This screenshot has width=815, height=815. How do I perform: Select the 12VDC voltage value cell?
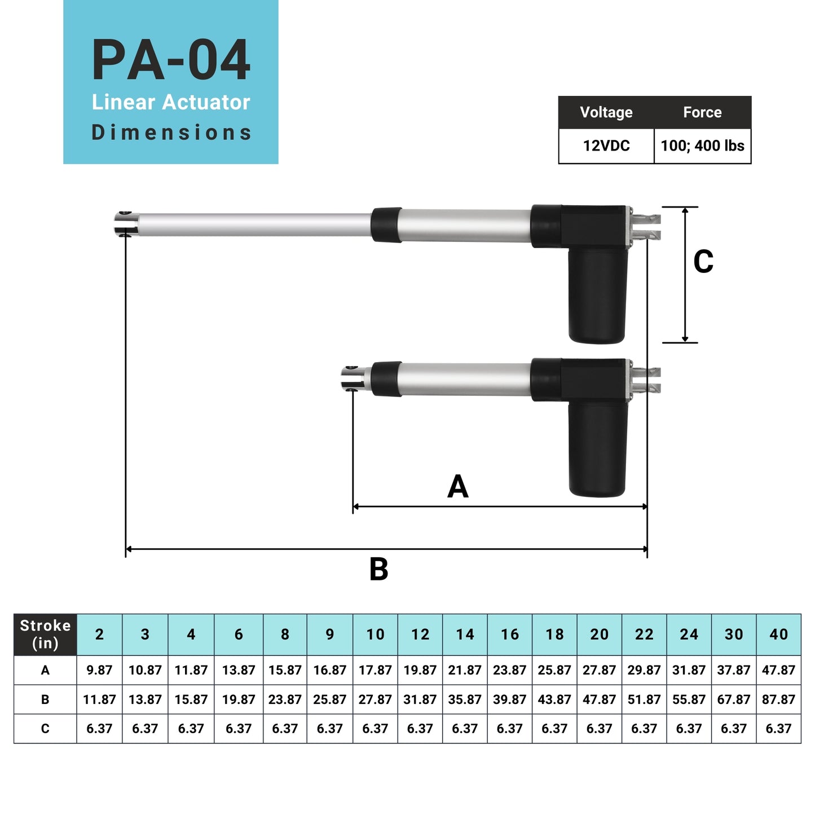[x=606, y=146]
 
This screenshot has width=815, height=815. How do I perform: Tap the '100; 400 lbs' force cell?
[x=702, y=146]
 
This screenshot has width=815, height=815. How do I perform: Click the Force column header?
[x=702, y=112]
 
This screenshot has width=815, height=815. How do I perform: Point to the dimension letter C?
[x=703, y=262]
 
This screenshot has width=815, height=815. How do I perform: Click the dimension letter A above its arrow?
[x=457, y=486]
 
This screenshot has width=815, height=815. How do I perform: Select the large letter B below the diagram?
[x=378, y=569]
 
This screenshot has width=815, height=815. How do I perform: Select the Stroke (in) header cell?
[x=45, y=635]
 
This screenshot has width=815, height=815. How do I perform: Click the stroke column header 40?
[x=778, y=635]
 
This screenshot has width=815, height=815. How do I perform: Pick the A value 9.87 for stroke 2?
[x=99, y=670]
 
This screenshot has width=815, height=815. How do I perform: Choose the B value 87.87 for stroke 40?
[x=778, y=699]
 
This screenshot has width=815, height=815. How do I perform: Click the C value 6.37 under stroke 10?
[x=375, y=729]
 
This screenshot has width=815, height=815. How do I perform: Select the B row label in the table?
[x=45, y=699]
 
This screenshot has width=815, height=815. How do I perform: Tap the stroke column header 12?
[x=420, y=635]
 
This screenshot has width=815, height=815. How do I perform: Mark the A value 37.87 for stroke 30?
[x=734, y=670]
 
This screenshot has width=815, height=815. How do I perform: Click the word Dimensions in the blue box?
[x=171, y=133]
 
